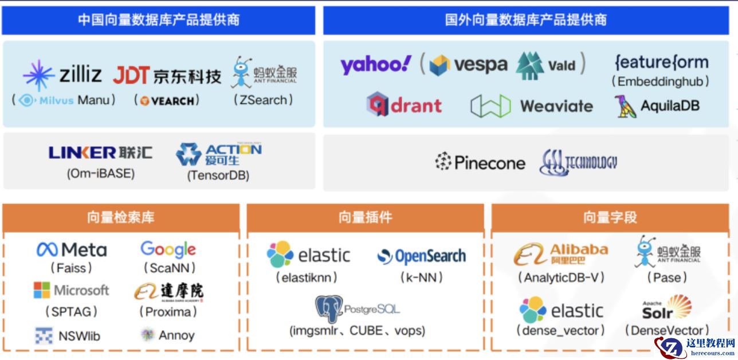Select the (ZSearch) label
click(x=263, y=100)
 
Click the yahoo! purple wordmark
click(x=376, y=64)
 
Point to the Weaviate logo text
click(x=556, y=106)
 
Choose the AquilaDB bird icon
click(x=625, y=106)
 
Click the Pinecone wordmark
click(x=489, y=163)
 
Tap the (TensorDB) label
click(x=218, y=176)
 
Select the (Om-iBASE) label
click(x=100, y=173)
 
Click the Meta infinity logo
click(x=47, y=250)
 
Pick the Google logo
click(x=168, y=249)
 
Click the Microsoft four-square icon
click(x=42, y=290)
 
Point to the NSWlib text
click(x=79, y=336)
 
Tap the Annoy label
click(x=176, y=335)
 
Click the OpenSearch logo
click(x=421, y=256)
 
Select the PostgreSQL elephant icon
click(x=329, y=310)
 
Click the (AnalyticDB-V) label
click(x=561, y=277)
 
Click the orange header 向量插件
click(x=365, y=217)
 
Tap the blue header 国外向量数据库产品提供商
click(x=525, y=20)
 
